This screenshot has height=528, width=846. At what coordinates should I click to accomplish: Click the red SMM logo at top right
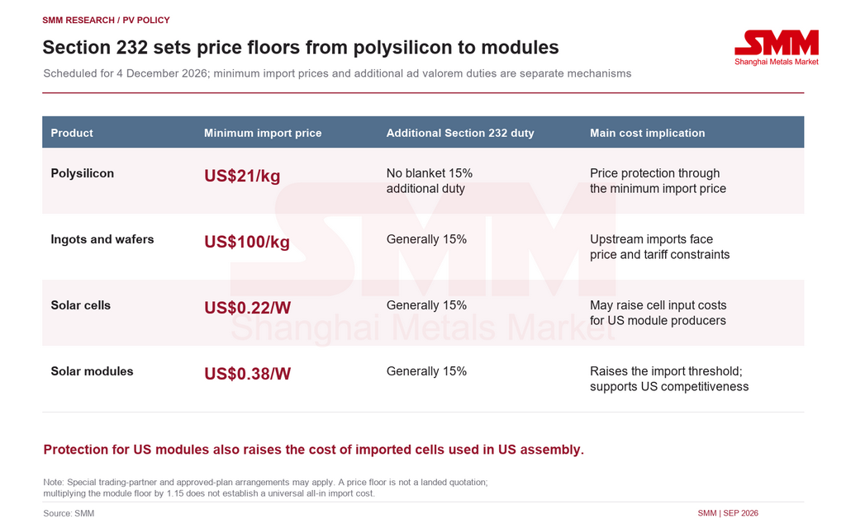coord(777,47)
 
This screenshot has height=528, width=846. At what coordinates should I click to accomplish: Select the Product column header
coord(72,133)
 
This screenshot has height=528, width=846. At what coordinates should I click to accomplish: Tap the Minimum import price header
coord(263,133)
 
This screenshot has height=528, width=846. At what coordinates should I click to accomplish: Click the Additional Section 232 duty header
coord(460,133)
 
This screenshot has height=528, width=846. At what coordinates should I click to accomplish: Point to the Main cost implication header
coord(648,133)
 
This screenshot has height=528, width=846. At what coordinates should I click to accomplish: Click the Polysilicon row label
coord(83,173)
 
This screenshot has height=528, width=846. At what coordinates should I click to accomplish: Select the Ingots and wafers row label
coord(102,239)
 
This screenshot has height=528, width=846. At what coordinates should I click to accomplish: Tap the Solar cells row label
coord(81,305)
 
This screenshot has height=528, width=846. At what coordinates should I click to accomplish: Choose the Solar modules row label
coord(93,371)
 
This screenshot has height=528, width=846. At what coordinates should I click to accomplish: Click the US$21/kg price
coord(242,176)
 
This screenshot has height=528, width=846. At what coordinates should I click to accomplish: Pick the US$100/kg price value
coord(247,242)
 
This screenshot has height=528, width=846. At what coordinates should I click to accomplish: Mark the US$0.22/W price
coord(248,308)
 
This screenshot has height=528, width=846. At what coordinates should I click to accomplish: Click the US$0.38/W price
coord(248,374)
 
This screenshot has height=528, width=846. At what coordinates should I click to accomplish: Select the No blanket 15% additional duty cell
coord(430,181)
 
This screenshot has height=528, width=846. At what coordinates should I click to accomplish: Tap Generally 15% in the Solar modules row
coord(427,371)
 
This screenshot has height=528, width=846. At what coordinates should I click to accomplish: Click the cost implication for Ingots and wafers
coord(660,247)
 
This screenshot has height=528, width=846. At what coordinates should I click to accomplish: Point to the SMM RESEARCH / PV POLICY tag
coord(107,20)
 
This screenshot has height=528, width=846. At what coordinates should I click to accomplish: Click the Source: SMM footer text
coord(69,513)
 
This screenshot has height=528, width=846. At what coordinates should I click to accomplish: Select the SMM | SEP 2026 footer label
coord(728,513)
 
